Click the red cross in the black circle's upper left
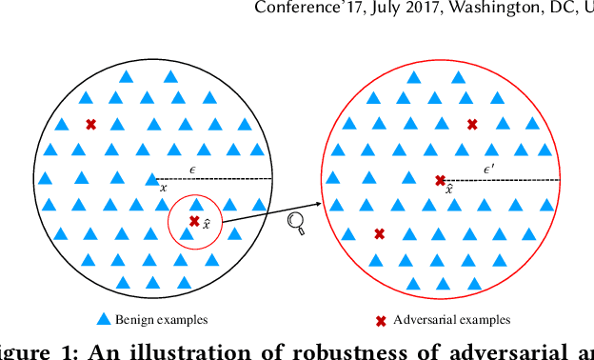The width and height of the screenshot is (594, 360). (x=91, y=124)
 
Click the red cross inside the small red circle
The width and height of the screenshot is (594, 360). (x=194, y=221)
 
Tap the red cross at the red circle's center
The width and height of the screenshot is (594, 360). (x=440, y=180)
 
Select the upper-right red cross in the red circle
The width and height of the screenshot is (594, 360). (x=472, y=124)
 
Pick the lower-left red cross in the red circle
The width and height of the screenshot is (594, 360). (x=379, y=233)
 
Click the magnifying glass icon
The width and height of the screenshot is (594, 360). (x=296, y=223)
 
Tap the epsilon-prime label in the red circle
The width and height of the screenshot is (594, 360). (x=488, y=169)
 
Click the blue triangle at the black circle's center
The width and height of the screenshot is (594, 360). (x=152, y=178)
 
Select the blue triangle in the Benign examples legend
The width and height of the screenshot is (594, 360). (x=105, y=320)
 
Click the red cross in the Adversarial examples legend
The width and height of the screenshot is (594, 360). (x=381, y=320)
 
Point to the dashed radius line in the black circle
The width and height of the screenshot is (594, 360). (x=214, y=179)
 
